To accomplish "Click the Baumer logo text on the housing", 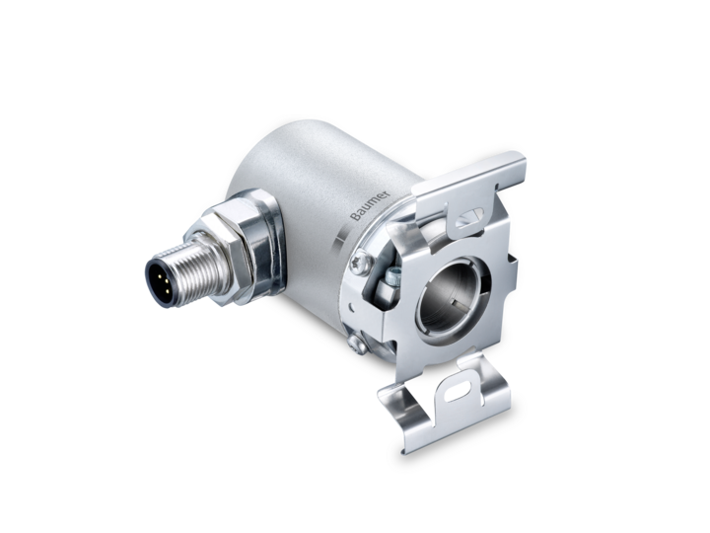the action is tap(370, 205).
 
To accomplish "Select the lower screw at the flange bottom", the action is tap(358, 343).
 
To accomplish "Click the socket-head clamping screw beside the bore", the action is tap(392, 275).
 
